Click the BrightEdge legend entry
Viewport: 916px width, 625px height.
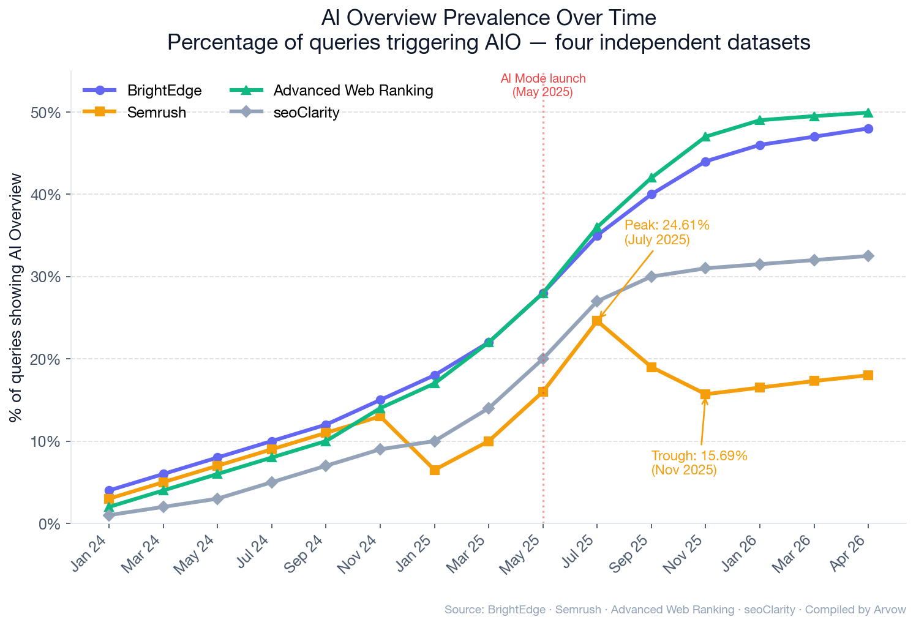pos(164,91)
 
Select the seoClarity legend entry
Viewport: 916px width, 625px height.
pos(306,113)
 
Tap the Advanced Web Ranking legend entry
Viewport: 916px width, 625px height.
pos(353,91)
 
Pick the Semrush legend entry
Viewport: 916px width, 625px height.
pos(156,113)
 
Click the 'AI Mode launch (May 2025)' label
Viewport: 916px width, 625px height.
pos(542,86)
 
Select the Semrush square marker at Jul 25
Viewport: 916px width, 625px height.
pos(597,321)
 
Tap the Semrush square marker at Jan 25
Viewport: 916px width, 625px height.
pos(435,470)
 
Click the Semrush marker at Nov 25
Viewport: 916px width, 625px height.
pos(705,394)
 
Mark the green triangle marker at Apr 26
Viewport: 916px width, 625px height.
pos(868,112)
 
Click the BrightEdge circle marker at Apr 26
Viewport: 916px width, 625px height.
pos(868,129)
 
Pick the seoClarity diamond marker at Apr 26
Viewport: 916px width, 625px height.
pos(868,256)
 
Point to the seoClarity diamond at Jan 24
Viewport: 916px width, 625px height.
pos(109,515)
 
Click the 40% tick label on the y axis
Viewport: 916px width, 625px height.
pos(46,195)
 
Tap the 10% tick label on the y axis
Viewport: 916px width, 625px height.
pos(46,441)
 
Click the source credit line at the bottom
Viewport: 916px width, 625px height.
pos(675,610)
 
